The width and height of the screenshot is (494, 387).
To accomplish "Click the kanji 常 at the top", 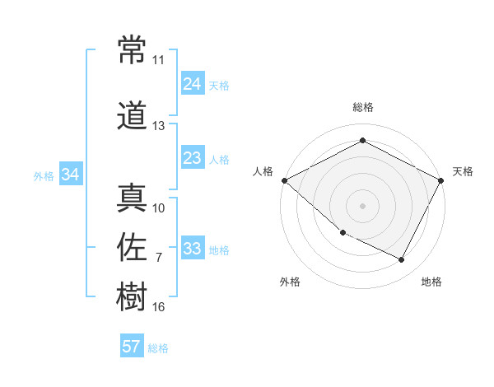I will pyautogui.click(x=132, y=49).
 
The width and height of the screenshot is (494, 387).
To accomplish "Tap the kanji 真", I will pyautogui.click(x=132, y=198).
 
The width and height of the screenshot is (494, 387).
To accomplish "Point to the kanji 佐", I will pyautogui.click(x=132, y=247).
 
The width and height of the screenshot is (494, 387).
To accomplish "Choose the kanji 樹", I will pyautogui.click(x=132, y=296).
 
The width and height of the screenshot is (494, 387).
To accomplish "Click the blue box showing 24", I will pyautogui.click(x=192, y=83).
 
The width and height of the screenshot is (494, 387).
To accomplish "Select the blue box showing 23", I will pyautogui.click(x=192, y=158).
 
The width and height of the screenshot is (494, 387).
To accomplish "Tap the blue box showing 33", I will pyautogui.click(x=192, y=249).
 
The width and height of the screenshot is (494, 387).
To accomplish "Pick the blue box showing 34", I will pyautogui.click(x=71, y=175).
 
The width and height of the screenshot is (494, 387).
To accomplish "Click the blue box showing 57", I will pyautogui.click(x=131, y=347).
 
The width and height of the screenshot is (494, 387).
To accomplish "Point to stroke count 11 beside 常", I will pyautogui.click(x=158, y=60).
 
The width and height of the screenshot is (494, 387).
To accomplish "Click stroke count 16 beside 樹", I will pyautogui.click(x=158, y=307).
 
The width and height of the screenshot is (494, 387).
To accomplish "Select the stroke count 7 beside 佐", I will pyautogui.click(x=158, y=258).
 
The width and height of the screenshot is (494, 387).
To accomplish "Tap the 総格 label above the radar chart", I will pyautogui.click(x=362, y=107).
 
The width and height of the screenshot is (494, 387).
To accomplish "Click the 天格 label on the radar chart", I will pyautogui.click(x=463, y=171).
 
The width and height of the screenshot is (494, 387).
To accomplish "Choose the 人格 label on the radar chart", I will pyautogui.click(x=263, y=171).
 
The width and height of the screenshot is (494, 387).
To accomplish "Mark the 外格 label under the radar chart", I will pyautogui.click(x=290, y=282).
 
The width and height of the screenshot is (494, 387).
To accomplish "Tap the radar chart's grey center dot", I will pyautogui.click(x=362, y=206).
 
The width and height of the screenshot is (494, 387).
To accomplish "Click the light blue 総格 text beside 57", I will pyautogui.click(x=158, y=348).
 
